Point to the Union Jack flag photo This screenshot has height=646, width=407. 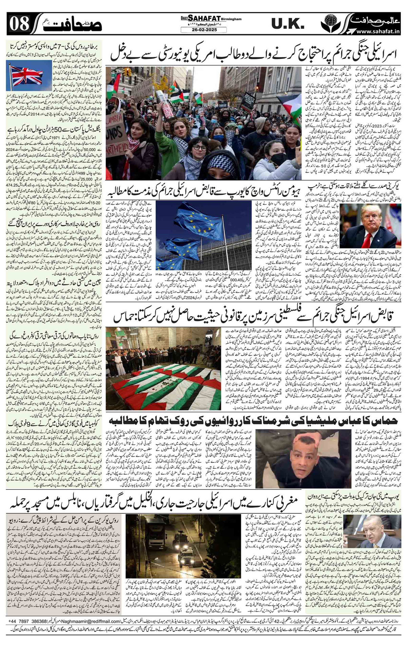[24, 77]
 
